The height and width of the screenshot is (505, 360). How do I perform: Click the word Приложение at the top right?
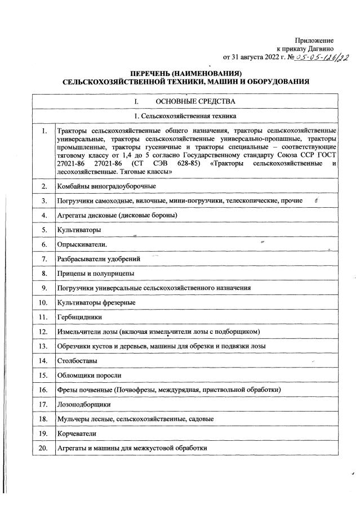pos(314,41)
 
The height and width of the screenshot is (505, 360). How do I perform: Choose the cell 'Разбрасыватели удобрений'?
pos(99,259)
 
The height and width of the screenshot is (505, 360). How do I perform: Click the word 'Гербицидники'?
pos(79,317)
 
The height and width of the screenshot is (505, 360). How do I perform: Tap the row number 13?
pos(43,346)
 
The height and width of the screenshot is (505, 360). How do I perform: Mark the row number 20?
pos(43,448)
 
